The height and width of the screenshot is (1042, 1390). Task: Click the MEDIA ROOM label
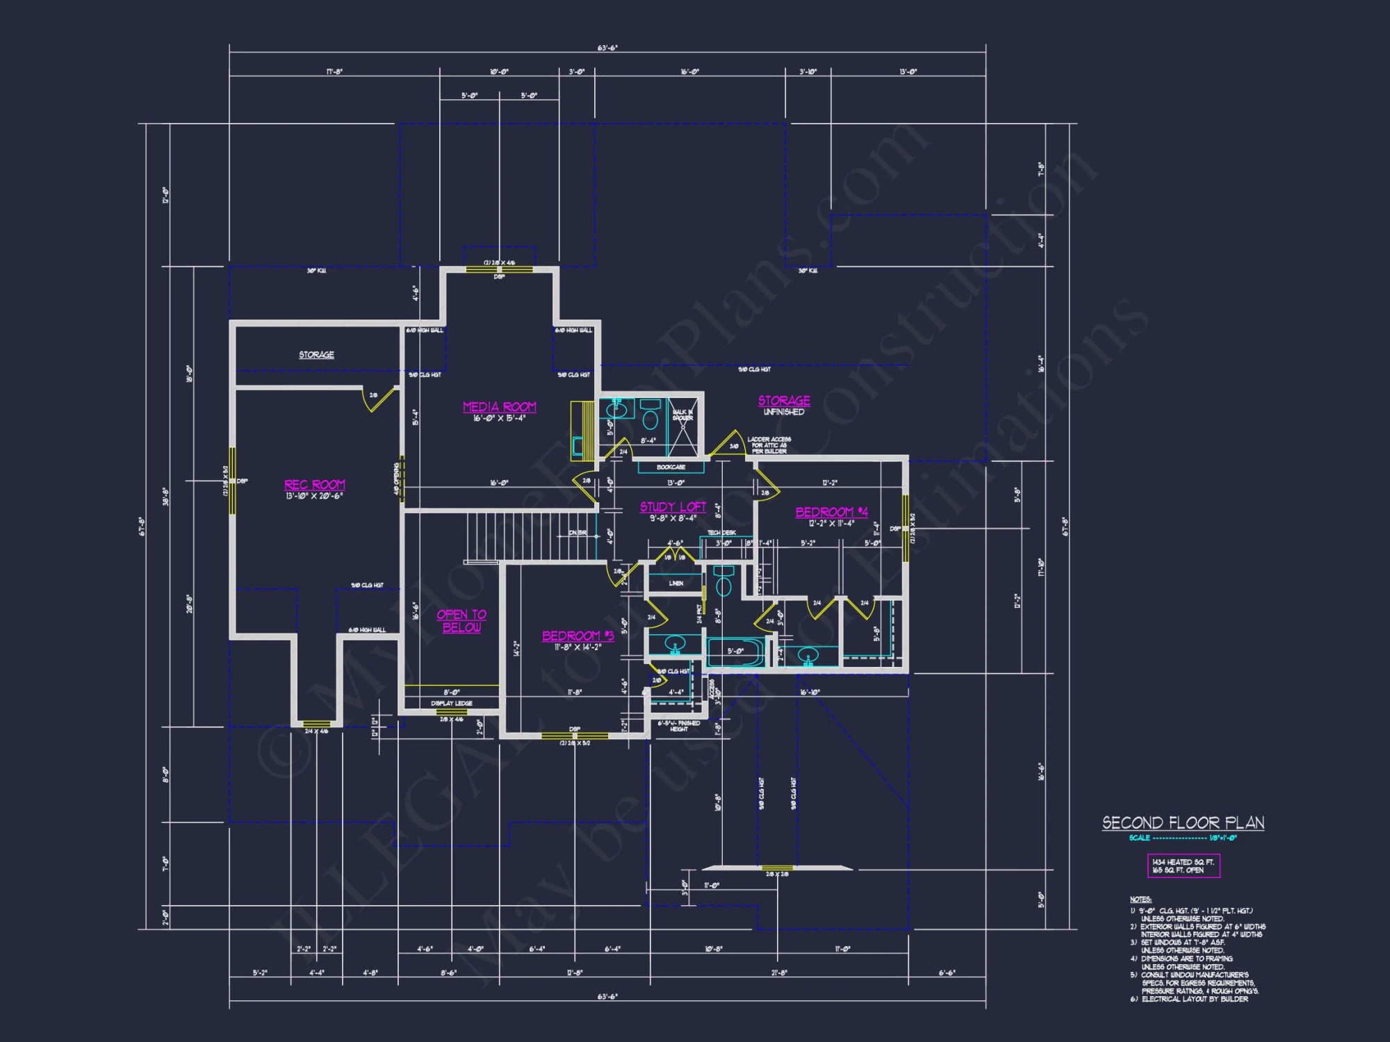click(x=499, y=407)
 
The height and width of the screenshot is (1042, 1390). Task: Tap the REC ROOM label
click(x=314, y=485)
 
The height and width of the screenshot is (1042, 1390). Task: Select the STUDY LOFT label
click(x=673, y=507)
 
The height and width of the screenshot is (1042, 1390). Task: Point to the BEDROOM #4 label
click(x=831, y=512)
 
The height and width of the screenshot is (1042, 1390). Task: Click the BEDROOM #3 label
click(x=578, y=636)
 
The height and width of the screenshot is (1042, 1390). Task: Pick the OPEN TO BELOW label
click(x=461, y=621)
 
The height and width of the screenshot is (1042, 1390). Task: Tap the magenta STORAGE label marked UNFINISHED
click(x=784, y=401)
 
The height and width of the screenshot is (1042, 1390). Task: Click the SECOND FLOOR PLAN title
click(x=1183, y=823)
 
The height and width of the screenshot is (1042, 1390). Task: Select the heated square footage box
click(x=1183, y=866)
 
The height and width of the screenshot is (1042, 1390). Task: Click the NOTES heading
click(x=1140, y=900)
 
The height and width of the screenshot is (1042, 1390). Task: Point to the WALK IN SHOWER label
click(x=682, y=415)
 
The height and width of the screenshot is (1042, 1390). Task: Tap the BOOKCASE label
click(x=671, y=467)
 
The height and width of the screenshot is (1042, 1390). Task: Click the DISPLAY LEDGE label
click(x=451, y=703)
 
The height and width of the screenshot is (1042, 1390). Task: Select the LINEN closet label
click(x=676, y=584)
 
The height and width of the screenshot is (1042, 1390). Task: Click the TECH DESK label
click(x=721, y=533)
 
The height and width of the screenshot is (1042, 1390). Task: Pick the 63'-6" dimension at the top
click(x=607, y=48)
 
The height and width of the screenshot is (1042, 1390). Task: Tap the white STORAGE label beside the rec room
click(x=316, y=355)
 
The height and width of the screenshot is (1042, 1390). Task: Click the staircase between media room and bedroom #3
click(x=532, y=536)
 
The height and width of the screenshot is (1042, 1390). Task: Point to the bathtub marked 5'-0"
click(x=735, y=652)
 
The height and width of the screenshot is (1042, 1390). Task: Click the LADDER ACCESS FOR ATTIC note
click(x=769, y=445)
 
